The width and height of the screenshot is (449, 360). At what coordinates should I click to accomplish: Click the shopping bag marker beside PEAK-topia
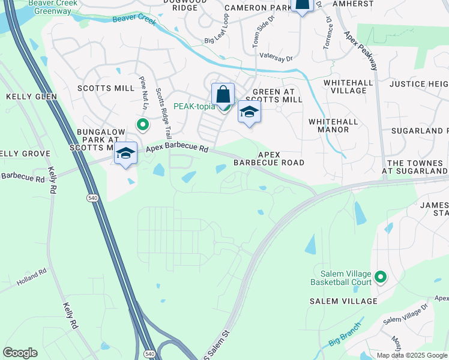click(223, 95)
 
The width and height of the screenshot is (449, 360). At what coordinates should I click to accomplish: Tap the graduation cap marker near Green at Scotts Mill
click(250, 112)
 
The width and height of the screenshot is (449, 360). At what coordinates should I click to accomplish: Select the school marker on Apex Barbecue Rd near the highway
click(126, 154)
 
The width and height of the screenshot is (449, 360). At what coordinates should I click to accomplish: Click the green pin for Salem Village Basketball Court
click(379, 277)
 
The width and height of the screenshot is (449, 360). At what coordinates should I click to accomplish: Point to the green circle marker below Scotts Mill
click(142, 125)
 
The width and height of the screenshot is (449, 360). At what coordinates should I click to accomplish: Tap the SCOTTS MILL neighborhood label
click(106, 88)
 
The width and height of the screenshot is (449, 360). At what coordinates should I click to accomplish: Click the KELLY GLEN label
click(31, 97)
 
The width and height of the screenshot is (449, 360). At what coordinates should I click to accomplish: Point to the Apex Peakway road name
click(360, 50)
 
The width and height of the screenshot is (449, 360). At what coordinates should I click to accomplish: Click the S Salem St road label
click(217, 344)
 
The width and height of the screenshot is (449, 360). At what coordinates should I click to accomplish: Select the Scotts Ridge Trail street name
click(164, 113)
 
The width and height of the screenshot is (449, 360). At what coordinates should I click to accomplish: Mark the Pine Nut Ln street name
click(144, 89)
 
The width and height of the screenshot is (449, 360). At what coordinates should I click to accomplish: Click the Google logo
click(20, 353)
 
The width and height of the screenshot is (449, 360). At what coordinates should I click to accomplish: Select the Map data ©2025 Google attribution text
click(412, 355)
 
